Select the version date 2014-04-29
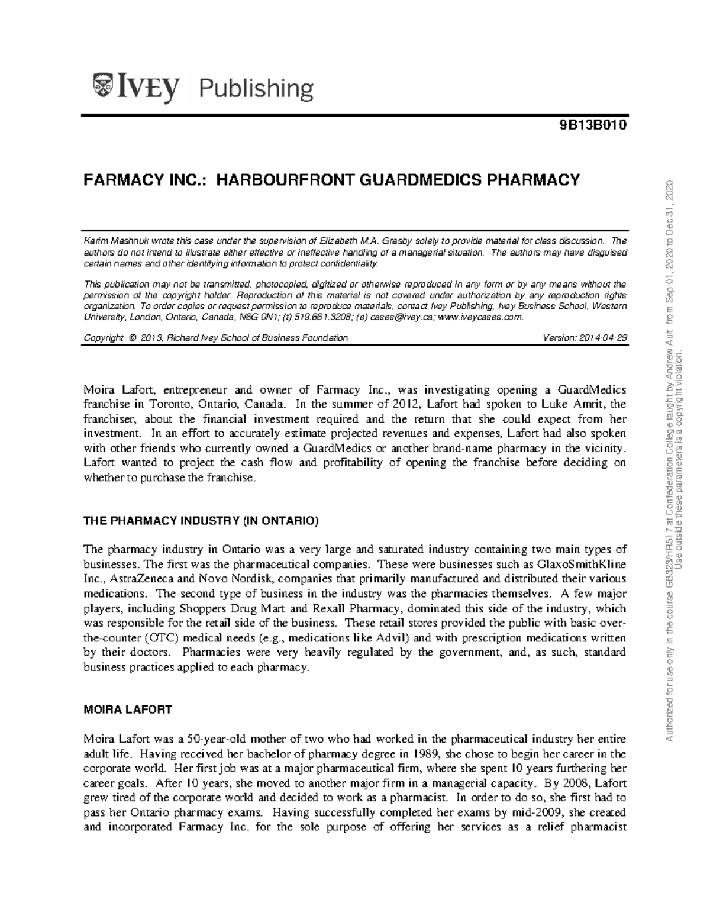[599, 338]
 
